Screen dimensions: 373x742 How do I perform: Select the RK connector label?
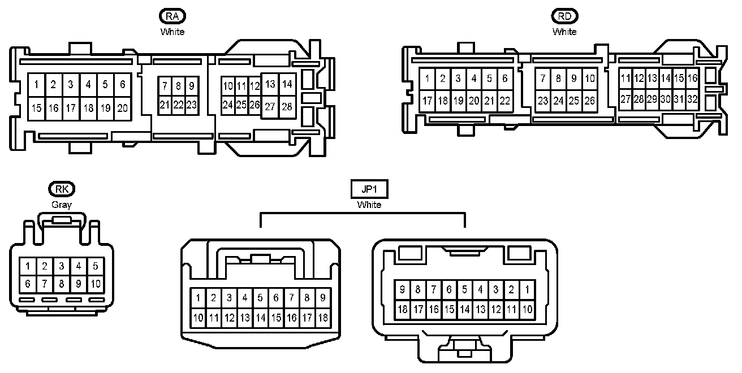pyautogui.click(x=62, y=189)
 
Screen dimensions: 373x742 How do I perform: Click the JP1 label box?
pyautogui.click(x=369, y=189)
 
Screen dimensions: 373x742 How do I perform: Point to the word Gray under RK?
pyautogui.click(x=62, y=205)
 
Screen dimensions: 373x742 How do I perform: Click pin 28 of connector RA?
pyautogui.click(x=287, y=106)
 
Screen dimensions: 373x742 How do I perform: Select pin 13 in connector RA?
pyautogui.click(x=270, y=84)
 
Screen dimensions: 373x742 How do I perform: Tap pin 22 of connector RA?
pyautogui.click(x=178, y=105)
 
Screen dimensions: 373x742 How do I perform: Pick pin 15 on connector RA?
pyautogui.click(x=37, y=107)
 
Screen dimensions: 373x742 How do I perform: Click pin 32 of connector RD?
pyautogui.click(x=693, y=99)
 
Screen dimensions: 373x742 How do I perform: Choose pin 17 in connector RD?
pyautogui.click(x=428, y=101)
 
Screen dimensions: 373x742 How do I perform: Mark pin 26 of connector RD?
pyautogui.click(x=589, y=101)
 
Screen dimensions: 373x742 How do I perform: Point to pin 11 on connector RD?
pyautogui.click(x=625, y=78)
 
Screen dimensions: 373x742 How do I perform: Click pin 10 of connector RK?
pyautogui.click(x=95, y=283)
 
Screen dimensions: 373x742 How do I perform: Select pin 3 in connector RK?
pyautogui.click(x=61, y=266)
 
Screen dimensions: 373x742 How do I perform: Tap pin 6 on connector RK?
pyautogui.click(x=27, y=283)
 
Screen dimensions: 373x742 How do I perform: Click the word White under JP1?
pyautogui.click(x=369, y=205)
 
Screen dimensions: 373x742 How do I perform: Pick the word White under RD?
pyautogui.click(x=564, y=32)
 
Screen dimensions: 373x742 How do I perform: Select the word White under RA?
pyautogui.click(x=172, y=32)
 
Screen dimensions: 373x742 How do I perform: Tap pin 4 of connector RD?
pyautogui.click(x=474, y=79)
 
